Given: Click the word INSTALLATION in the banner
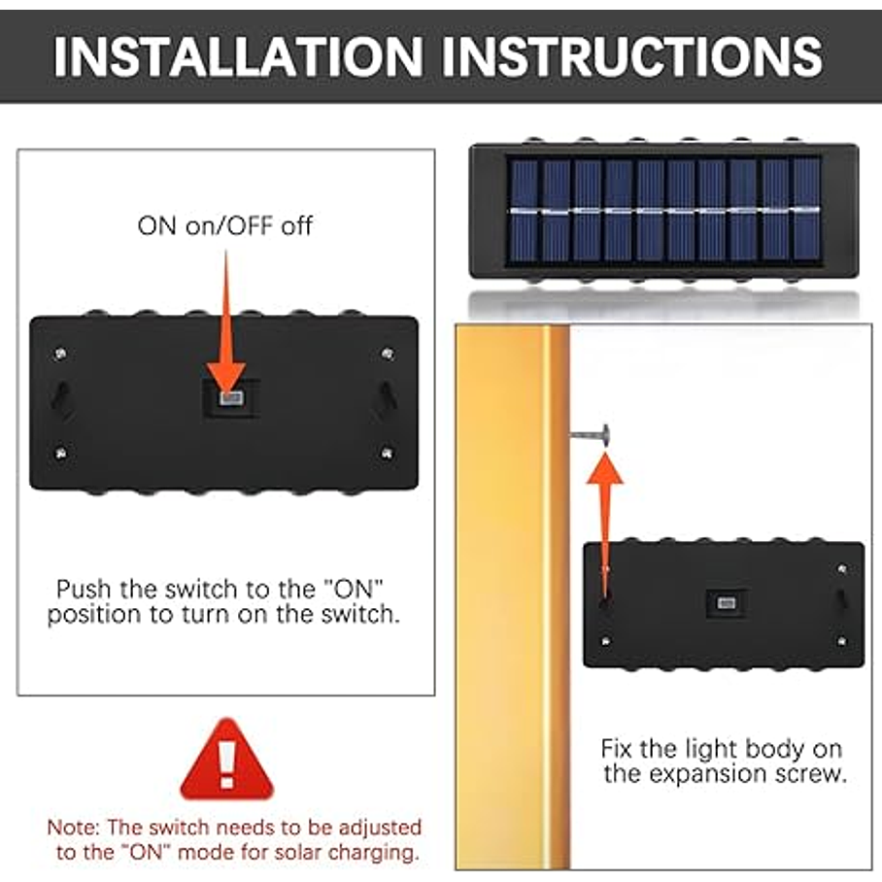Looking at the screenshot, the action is tap(238, 55).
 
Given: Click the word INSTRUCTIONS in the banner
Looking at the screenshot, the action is tap(632, 55).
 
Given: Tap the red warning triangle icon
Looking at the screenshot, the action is tap(226, 759).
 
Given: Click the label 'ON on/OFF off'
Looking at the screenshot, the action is tap(224, 226).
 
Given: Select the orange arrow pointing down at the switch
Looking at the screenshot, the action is tap(226, 321).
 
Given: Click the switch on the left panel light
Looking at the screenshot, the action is tap(231, 398).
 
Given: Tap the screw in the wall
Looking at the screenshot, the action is tap(590, 435).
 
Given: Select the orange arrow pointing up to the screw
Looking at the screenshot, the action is tap(605, 524).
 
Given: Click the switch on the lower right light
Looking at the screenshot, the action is tap(726, 604).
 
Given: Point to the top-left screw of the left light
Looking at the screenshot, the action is tap(60, 354).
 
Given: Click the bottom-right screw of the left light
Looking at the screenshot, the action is tap(387, 453).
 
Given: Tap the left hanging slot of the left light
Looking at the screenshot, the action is tap(61, 396).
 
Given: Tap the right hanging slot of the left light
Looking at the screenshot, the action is tap(388, 396).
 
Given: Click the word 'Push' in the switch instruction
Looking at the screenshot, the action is tap(84, 589).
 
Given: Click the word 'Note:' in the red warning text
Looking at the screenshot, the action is tap(74, 827).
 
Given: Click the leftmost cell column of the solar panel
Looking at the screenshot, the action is tap(524, 211).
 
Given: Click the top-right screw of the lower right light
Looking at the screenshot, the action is tap(841, 568).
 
